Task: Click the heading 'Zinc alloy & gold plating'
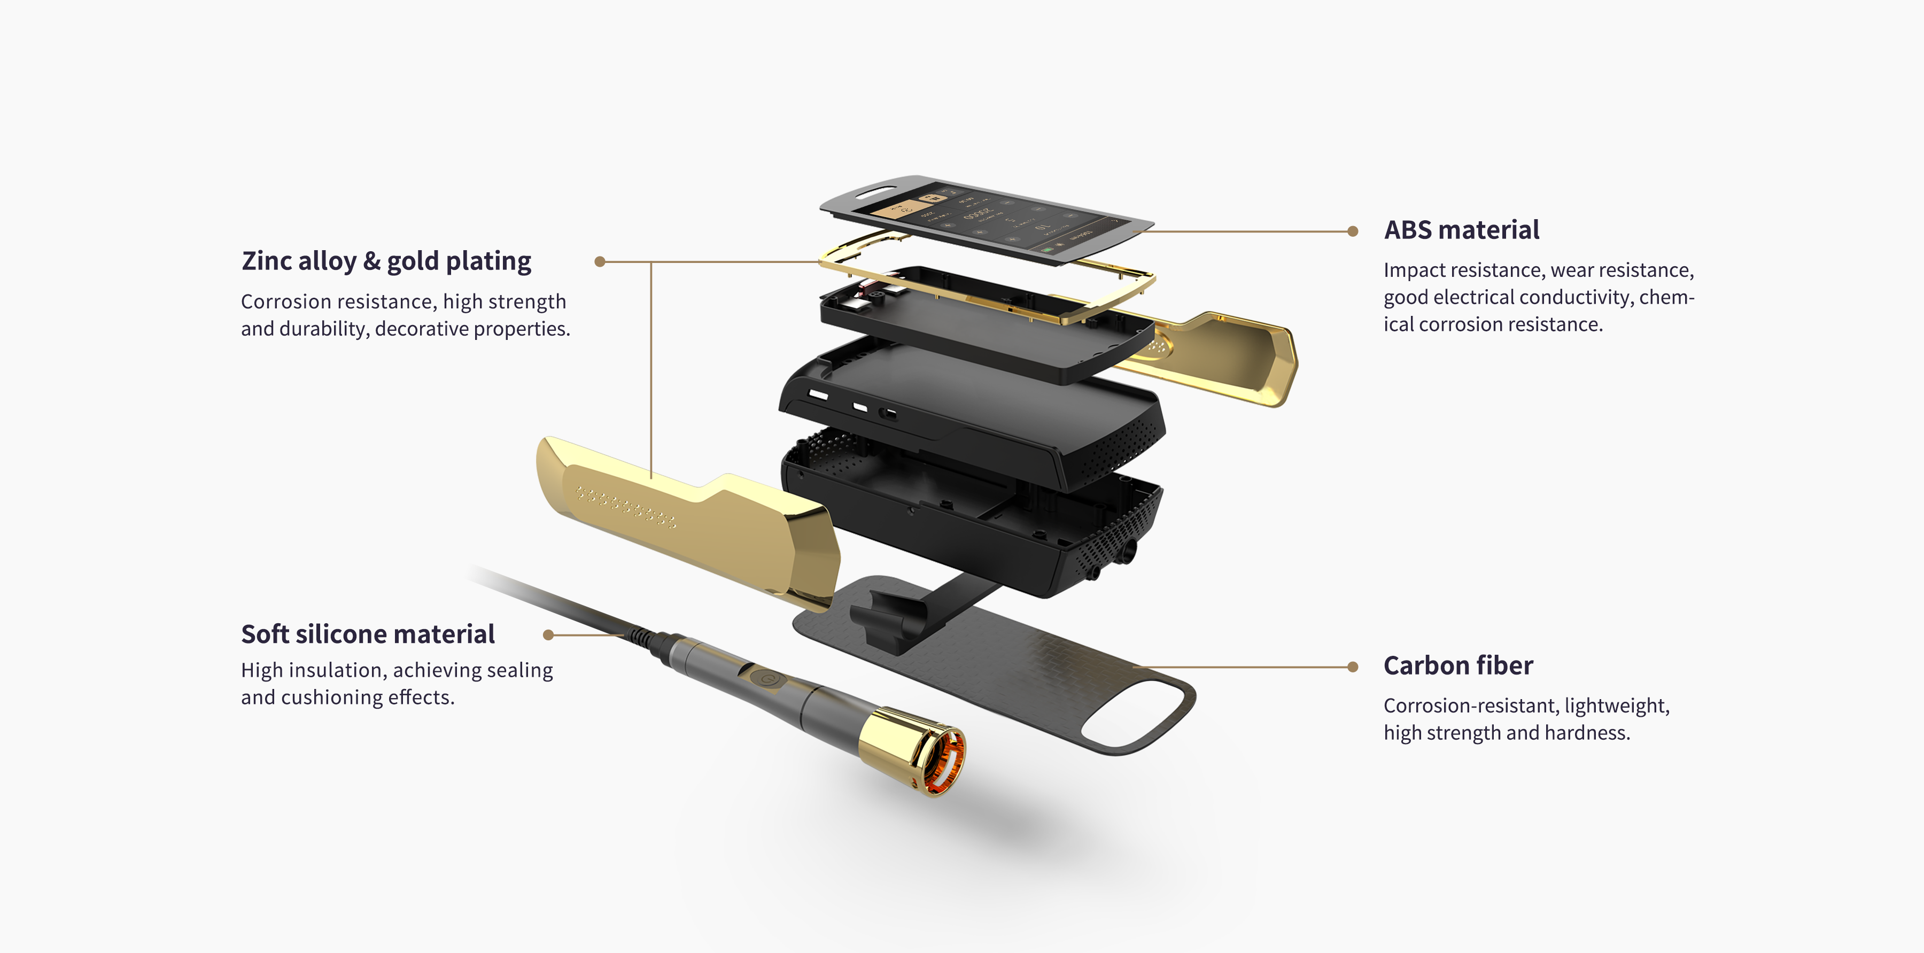(x=386, y=261)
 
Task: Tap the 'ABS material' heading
(x=1462, y=230)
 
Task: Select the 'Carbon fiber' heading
(x=1458, y=665)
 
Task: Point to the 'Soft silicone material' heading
(x=368, y=634)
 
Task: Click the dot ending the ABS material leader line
(x=1353, y=231)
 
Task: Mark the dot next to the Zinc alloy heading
(x=600, y=261)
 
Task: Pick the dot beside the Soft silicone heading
(x=548, y=635)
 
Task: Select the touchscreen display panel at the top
(x=986, y=218)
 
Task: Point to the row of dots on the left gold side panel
(x=626, y=507)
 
